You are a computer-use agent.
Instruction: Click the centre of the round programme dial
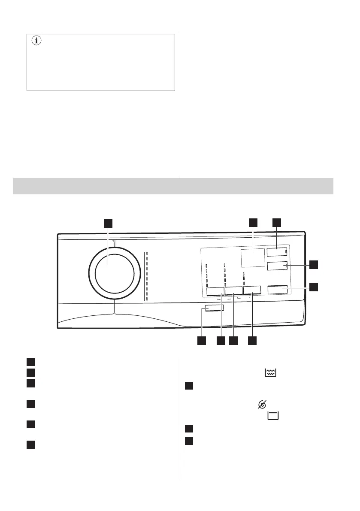point(115,273)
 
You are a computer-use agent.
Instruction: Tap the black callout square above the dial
point(108,223)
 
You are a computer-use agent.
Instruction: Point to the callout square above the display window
point(253,222)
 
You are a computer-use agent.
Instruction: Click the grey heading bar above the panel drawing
point(173,186)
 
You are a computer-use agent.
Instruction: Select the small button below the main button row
point(214,308)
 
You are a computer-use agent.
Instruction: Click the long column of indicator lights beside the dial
point(146,276)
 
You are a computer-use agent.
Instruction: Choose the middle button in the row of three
point(233,290)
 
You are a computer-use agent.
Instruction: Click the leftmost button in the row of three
point(215,290)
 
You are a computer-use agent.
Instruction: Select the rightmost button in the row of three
point(252,290)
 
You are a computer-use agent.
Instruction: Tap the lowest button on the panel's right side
point(278,290)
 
